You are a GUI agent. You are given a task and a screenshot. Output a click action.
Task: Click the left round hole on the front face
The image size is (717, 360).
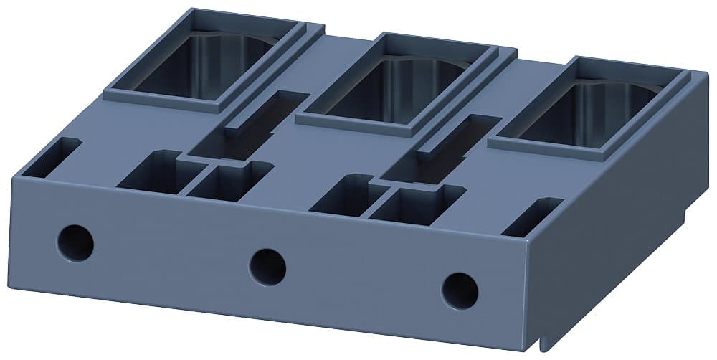pyautogui.click(x=75, y=242)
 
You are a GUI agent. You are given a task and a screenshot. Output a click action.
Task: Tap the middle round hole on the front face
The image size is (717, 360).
pyautogui.click(x=267, y=265)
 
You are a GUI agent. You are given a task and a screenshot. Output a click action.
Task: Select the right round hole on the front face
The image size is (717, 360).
pyautogui.click(x=460, y=290)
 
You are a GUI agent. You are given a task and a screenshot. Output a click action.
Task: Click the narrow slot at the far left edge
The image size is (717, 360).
pyautogui.click(x=54, y=158)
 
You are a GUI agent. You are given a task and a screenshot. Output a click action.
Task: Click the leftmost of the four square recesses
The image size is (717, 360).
pyautogui.click(x=154, y=172)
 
